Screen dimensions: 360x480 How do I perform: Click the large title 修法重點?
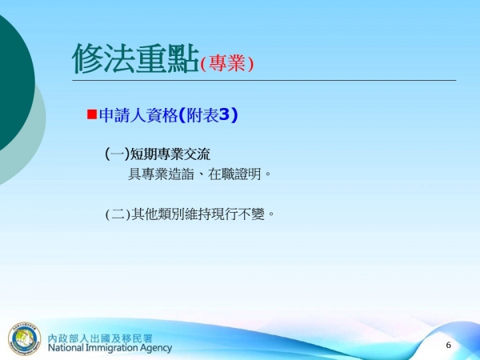(134, 58)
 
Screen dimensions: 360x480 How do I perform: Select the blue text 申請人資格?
(133, 115)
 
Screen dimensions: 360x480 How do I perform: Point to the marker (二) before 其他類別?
(117, 214)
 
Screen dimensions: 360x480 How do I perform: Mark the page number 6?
(448, 345)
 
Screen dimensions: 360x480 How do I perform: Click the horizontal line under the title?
(264, 80)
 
